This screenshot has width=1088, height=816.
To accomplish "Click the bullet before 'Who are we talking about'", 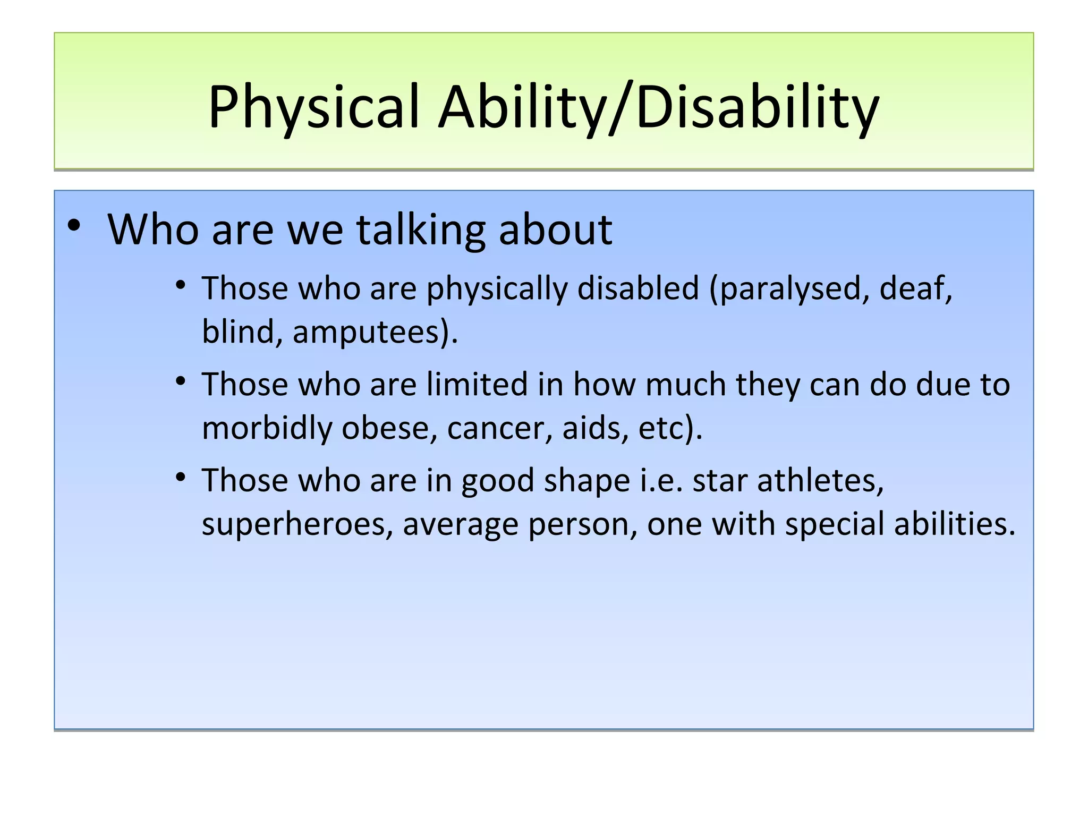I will click(x=74, y=226).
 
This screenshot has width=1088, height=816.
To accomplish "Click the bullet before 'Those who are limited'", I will click(x=181, y=381).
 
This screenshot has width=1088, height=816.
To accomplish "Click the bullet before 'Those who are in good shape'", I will click(x=181, y=477).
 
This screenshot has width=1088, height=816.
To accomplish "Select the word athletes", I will click(x=820, y=481).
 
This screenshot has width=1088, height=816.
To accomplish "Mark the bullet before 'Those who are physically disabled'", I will click(x=181, y=285).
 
